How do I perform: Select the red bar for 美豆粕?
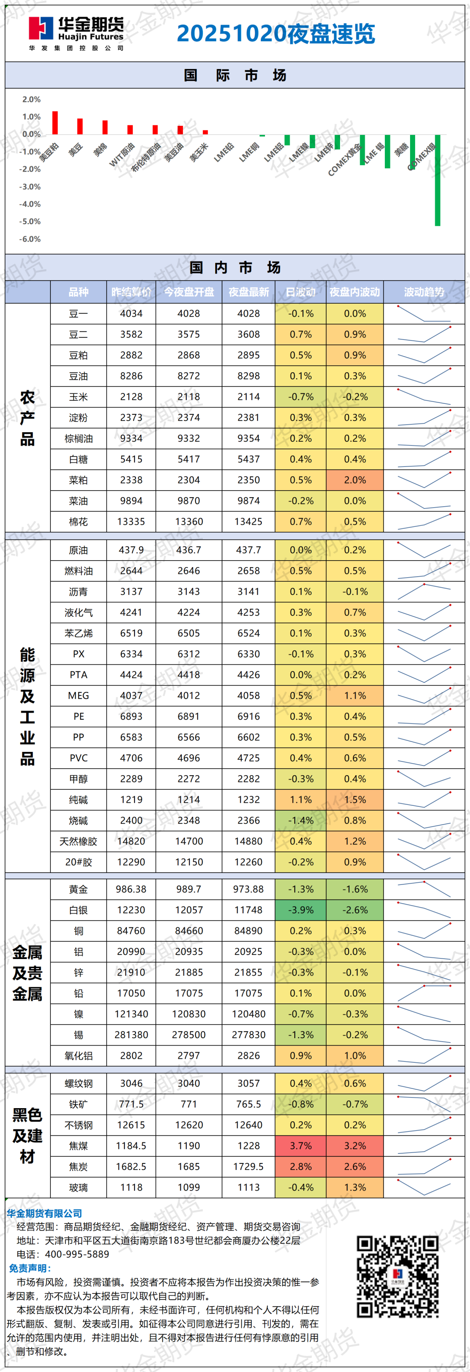(55, 123)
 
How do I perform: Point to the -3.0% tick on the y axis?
(30, 187)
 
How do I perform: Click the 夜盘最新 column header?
(249, 292)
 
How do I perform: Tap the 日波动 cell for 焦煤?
(301, 1145)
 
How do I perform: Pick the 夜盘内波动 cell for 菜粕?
(355, 480)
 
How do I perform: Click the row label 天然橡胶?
(78, 841)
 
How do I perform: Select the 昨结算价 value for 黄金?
(131, 889)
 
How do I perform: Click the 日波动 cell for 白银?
(301, 910)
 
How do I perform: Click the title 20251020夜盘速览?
(276, 33)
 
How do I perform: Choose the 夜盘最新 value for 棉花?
(249, 521)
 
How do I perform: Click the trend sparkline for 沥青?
(424, 591)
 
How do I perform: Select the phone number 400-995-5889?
(77, 1254)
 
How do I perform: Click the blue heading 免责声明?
(30, 1268)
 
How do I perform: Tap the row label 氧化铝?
(78, 1055)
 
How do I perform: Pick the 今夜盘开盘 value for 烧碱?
(189, 820)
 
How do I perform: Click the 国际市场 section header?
(235, 75)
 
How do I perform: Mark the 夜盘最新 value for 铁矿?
(249, 1104)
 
